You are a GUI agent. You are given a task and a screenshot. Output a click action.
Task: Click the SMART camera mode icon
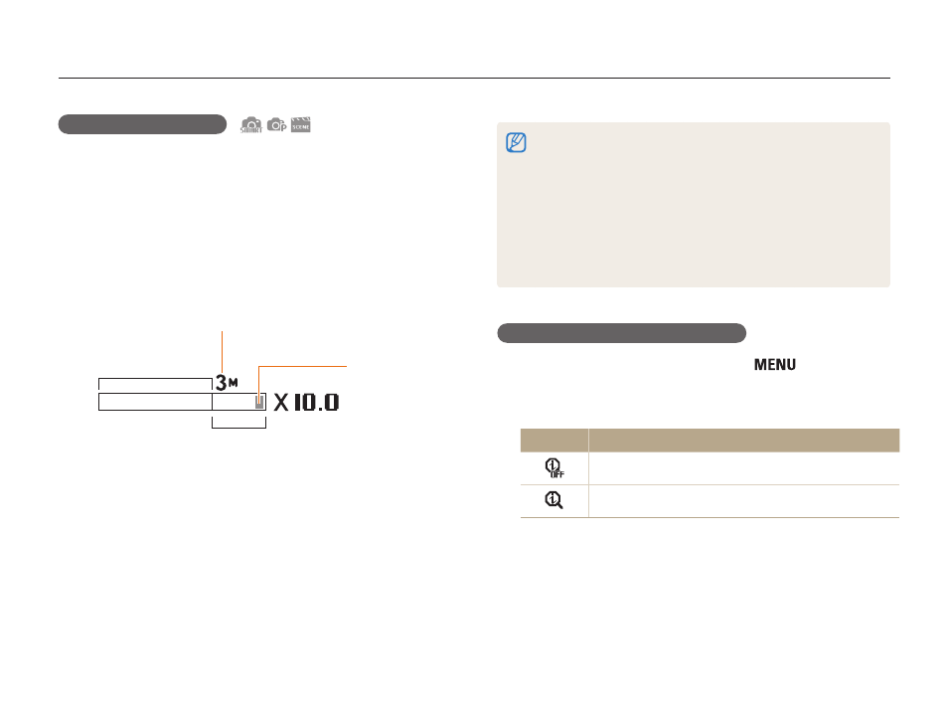pyautogui.click(x=250, y=125)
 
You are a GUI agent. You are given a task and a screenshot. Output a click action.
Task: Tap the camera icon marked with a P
pyautogui.click(x=277, y=124)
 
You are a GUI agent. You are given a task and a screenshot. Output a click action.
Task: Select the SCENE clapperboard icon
pyautogui.click(x=300, y=124)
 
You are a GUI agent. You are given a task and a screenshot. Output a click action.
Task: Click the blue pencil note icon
pyautogui.click(x=516, y=142)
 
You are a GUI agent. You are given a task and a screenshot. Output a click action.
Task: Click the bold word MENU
pyautogui.click(x=774, y=364)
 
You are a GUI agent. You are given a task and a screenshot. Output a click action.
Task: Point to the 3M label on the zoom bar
pyautogui.click(x=227, y=383)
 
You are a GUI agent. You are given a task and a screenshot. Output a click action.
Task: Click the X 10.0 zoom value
pyautogui.click(x=306, y=402)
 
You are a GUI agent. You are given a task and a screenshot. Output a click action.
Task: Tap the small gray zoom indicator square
pyautogui.click(x=259, y=402)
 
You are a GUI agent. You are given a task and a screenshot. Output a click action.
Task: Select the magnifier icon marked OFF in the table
pyautogui.click(x=554, y=467)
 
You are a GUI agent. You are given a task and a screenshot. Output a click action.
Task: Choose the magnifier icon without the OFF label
pyautogui.click(x=553, y=500)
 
